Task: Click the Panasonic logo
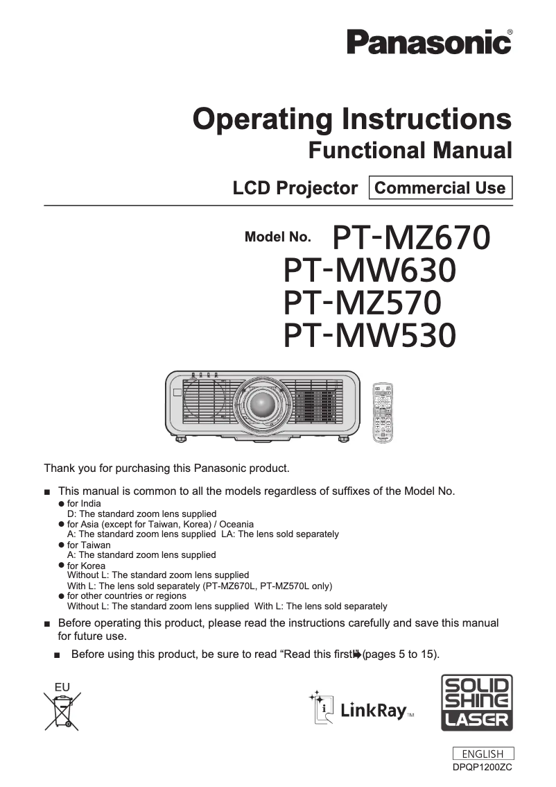coord(430,42)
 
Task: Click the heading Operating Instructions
coord(352,119)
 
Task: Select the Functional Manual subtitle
coord(410,150)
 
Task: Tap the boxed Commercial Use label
coord(440,187)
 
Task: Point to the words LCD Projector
coord(295,188)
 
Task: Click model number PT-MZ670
coord(412,238)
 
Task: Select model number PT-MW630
coord(370,271)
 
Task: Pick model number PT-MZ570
coord(363,303)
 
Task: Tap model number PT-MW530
coord(370,336)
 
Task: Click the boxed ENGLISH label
coord(483,754)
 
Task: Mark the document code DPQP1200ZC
coord(483,767)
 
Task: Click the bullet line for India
coord(83,503)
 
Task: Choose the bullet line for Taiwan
coord(88,545)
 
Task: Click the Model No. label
coord(278,237)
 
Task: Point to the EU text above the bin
coord(62,687)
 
